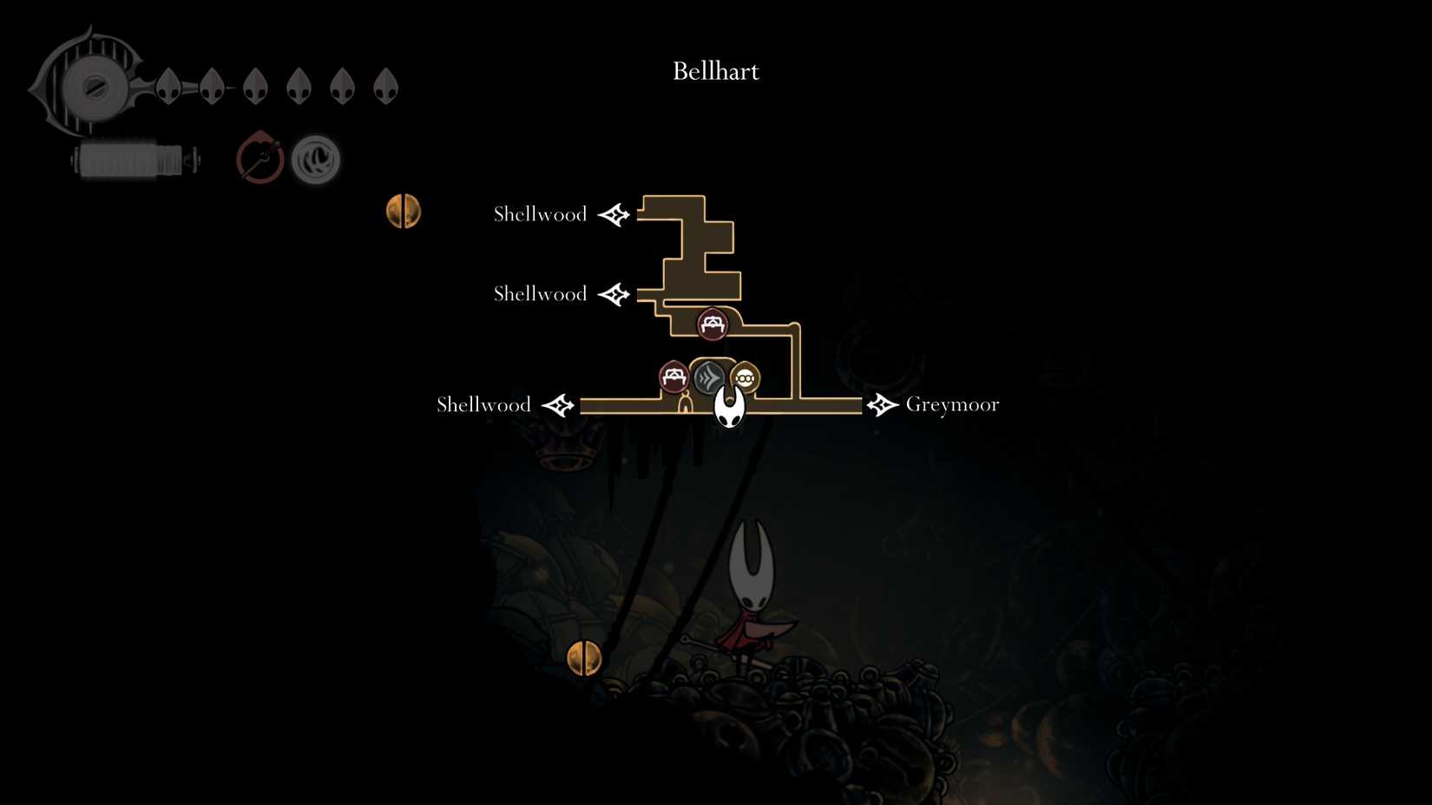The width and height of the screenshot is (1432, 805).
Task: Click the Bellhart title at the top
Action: click(x=715, y=71)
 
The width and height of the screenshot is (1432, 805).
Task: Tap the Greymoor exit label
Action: click(x=952, y=404)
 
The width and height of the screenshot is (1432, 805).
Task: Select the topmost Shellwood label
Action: click(x=540, y=214)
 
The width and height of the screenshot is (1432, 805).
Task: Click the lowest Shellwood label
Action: click(x=483, y=405)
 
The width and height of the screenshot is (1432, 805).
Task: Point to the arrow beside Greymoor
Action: click(x=882, y=404)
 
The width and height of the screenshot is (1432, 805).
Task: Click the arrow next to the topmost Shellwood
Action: click(x=614, y=214)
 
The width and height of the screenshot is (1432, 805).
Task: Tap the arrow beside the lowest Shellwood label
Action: click(x=558, y=405)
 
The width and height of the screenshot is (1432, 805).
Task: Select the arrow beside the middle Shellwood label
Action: click(x=614, y=294)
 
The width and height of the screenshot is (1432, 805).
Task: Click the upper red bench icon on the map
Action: click(x=713, y=324)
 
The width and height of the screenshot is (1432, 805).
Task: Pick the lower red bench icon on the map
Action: click(x=673, y=376)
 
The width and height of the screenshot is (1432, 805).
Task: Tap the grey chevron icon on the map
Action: click(x=709, y=376)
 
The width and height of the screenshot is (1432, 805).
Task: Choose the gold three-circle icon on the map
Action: click(x=745, y=378)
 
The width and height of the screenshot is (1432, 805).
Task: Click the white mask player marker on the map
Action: click(x=729, y=407)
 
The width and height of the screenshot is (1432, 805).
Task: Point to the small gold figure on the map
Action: click(x=685, y=402)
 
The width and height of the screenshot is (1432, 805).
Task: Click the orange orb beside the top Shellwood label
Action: click(x=404, y=211)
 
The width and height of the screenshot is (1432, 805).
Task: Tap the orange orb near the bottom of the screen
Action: click(x=584, y=658)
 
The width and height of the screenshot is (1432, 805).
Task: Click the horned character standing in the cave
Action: click(x=751, y=599)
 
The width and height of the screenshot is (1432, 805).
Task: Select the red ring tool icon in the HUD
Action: click(x=259, y=159)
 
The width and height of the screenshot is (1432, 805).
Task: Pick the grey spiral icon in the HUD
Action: click(x=315, y=160)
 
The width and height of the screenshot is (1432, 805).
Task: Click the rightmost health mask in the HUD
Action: click(x=385, y=87)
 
